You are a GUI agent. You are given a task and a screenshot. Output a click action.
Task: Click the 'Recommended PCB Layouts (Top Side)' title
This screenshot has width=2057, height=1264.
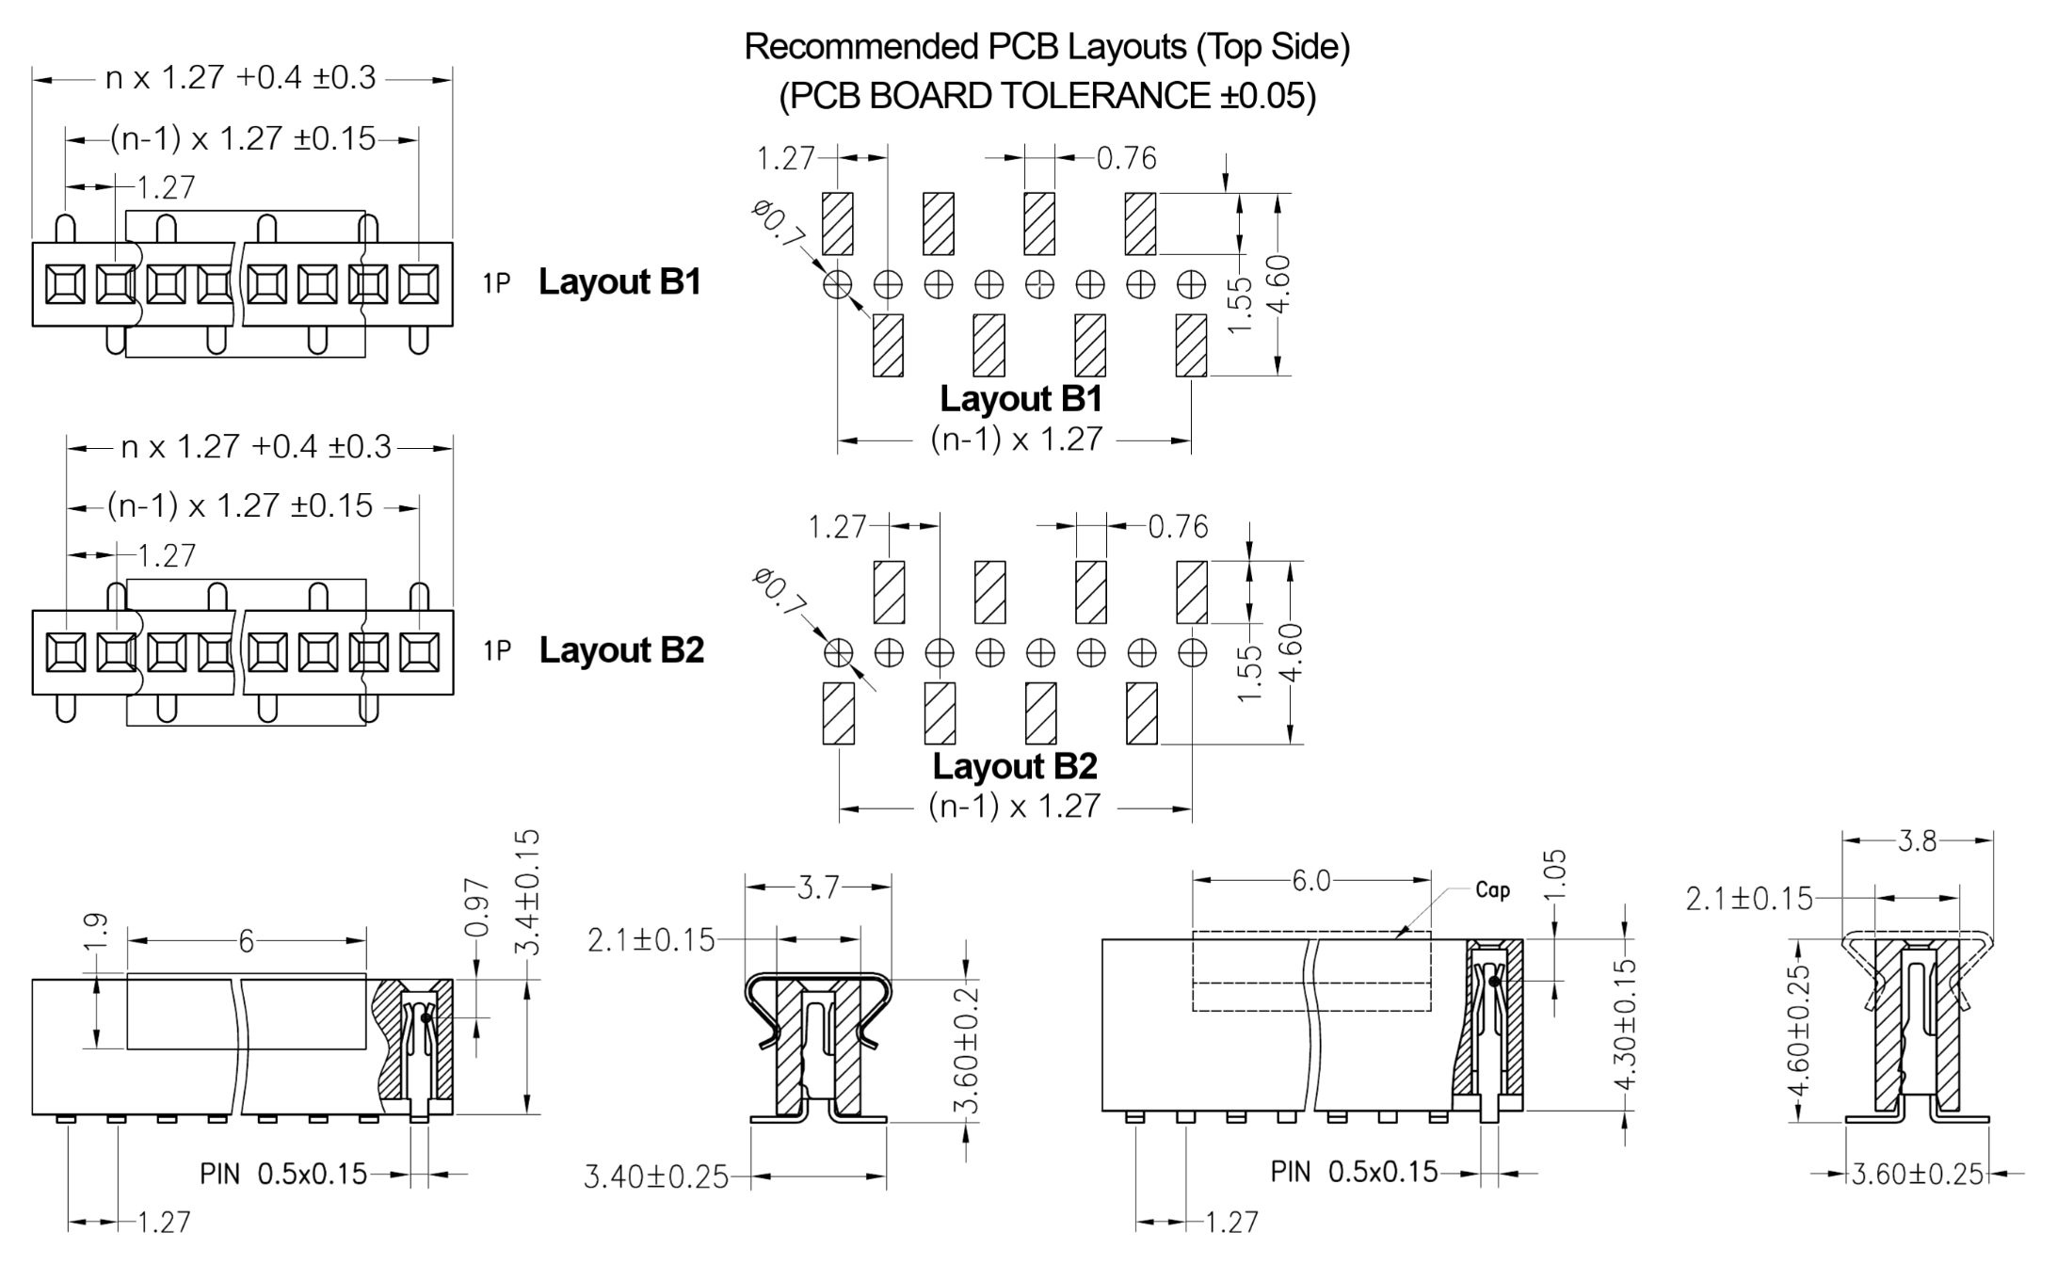click(1047, 47)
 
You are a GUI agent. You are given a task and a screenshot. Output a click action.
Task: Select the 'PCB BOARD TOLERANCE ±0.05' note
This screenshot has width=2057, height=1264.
click(1047, 96)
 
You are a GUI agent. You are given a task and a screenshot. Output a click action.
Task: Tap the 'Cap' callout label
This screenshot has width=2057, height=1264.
click(1492, 890)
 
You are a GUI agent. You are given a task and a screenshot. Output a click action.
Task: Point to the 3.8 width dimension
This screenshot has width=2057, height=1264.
click(1918, 840)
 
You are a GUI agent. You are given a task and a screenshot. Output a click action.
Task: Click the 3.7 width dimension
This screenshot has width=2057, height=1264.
click(817, 887)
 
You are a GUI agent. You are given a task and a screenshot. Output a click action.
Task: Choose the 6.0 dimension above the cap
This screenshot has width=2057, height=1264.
click(1311, 881)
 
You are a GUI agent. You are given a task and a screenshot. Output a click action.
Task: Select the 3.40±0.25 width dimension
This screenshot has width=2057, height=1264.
click(656, 1176)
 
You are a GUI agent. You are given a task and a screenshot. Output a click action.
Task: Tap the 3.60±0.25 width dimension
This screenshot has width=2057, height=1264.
click(1918, 1174)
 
